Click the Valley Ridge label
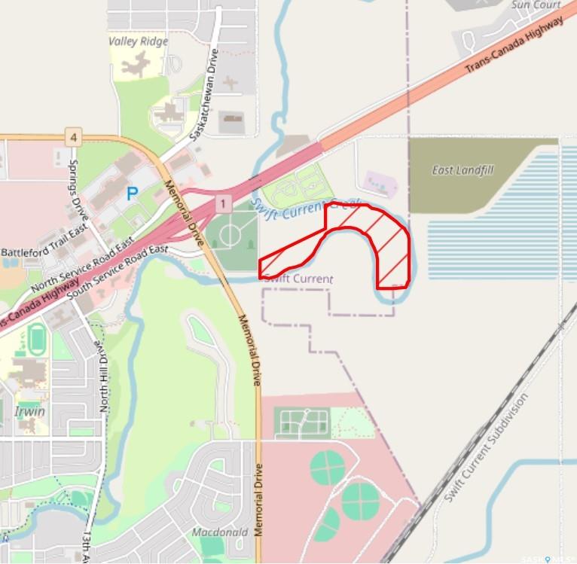pos(138,41)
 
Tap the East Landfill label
pos(463,170)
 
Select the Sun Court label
pos(536,5)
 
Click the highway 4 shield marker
pos(72,137)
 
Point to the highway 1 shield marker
pos(222,203)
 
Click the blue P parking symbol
pos(132,194)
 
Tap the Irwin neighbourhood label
pos(29,412)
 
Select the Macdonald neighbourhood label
pos(220,532)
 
